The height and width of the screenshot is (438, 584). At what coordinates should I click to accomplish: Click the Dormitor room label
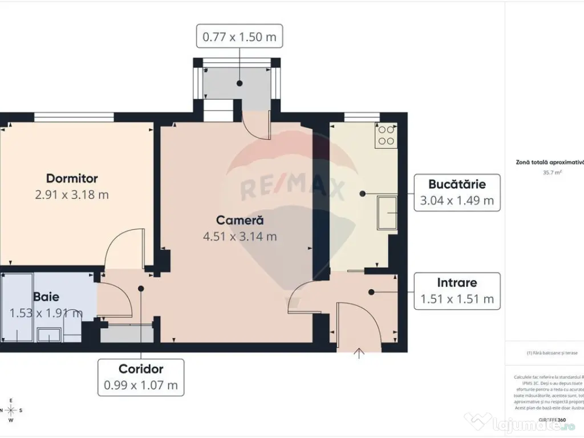point(72,179)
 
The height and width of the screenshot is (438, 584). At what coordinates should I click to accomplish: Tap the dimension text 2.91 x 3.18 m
point(72,194)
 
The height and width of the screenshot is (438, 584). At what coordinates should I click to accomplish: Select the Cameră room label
point(240,220)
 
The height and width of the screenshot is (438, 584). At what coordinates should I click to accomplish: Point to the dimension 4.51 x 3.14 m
point(240,236)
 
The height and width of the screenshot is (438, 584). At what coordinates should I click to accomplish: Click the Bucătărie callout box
point(457,192)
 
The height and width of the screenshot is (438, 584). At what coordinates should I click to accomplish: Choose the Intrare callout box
point(457,290)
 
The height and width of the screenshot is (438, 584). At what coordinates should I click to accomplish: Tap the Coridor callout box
point(141,377)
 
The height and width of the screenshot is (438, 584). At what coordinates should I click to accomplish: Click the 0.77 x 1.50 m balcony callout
point(240,38)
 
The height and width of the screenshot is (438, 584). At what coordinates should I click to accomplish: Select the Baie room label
point(46,297)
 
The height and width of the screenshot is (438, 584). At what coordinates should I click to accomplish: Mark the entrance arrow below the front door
point(359,354)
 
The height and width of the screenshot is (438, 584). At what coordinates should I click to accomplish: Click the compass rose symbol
point(10,409)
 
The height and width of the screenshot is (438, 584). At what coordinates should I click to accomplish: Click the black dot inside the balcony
point(240,83)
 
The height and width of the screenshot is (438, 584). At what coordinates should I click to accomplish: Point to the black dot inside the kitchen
point(362,194)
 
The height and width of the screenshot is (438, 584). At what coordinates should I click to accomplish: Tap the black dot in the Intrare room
point(371,292)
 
